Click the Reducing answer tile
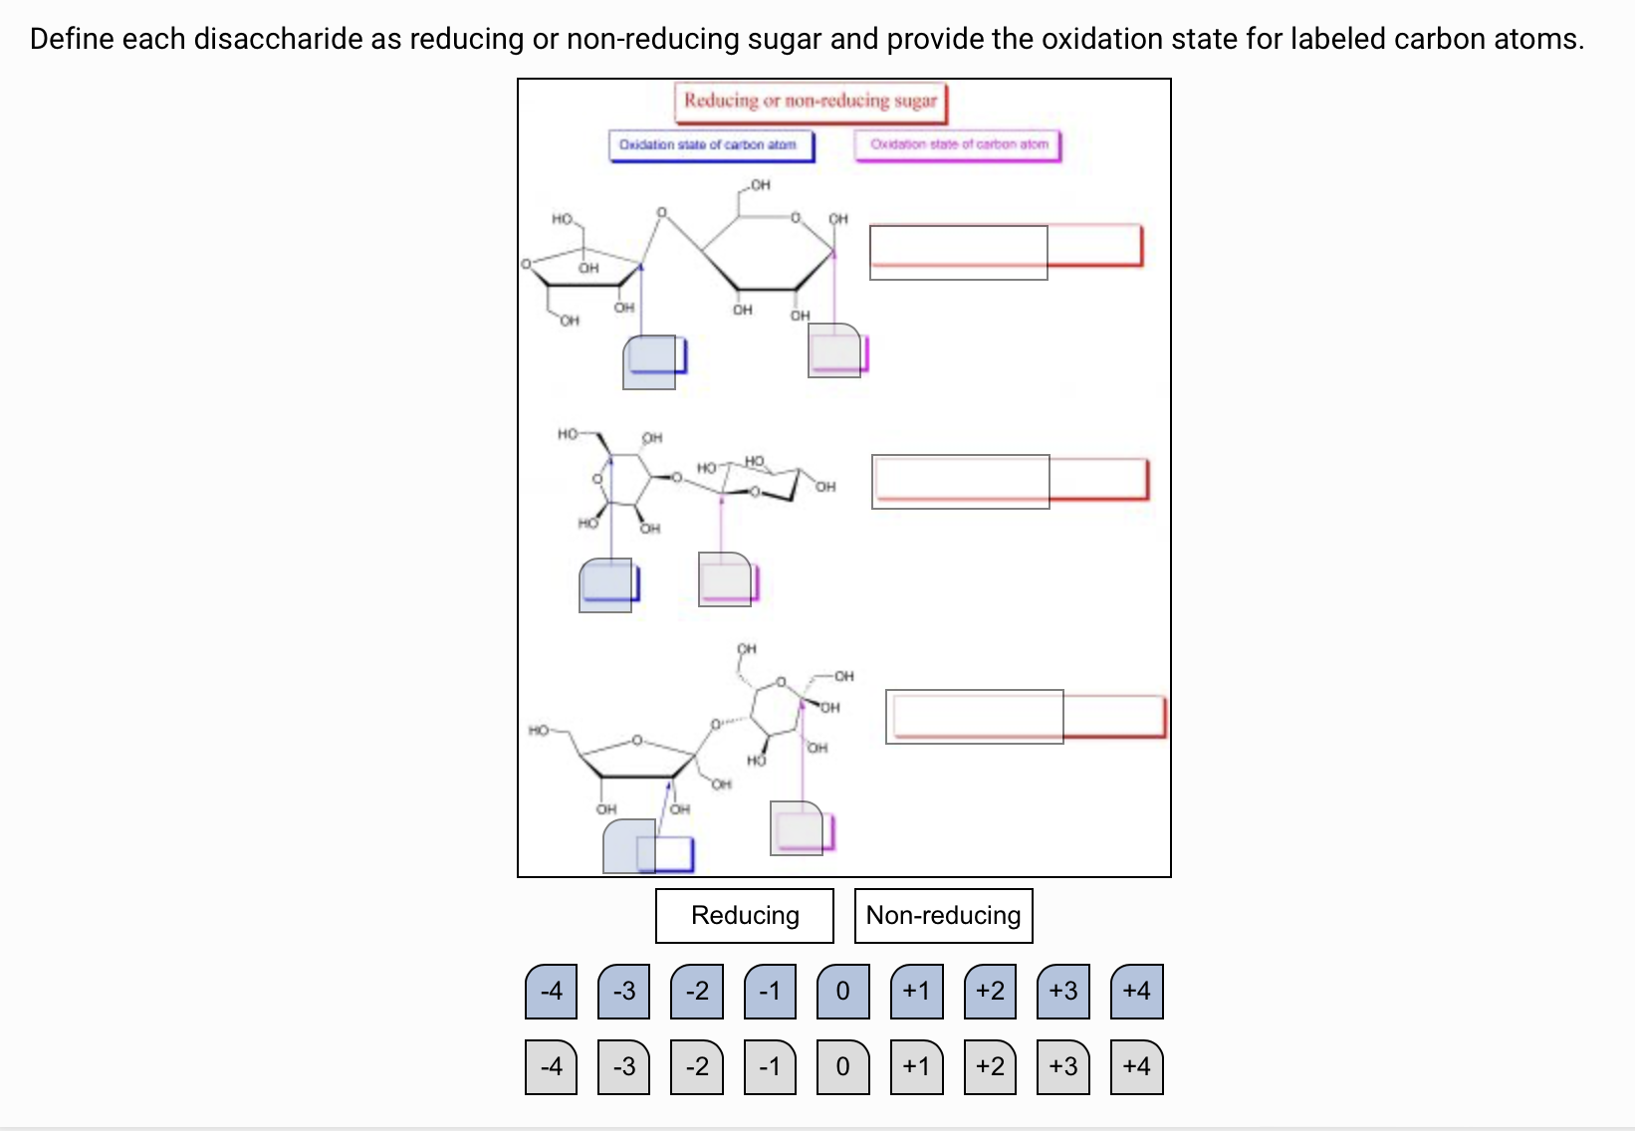(744, 915)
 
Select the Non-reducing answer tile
(943, 915)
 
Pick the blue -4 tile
(551, 991)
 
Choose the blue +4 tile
(1136, 991)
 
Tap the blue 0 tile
(843, 991)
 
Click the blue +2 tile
(990, 991)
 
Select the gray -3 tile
(624, 1066)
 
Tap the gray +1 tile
(916, 1066)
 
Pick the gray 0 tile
(843, 1066)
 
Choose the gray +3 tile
(1063, 1066)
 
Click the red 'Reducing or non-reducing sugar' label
(811, 102)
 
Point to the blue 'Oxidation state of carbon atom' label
(709, 145)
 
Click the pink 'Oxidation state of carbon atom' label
(958, 145)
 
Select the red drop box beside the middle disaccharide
(1010, 480)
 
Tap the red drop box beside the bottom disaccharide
(1026, 716)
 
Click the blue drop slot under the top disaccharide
(653, 359)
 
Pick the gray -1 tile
(770, 1066)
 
